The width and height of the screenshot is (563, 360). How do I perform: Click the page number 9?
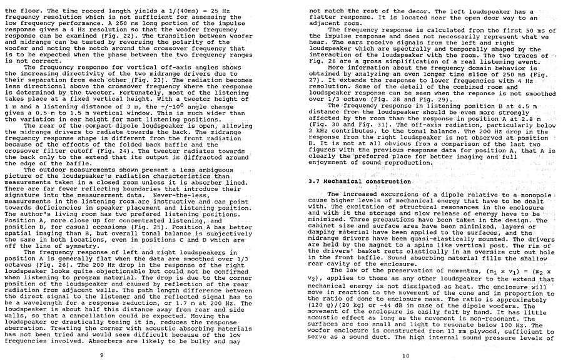102,355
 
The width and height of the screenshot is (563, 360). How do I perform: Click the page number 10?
406,355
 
